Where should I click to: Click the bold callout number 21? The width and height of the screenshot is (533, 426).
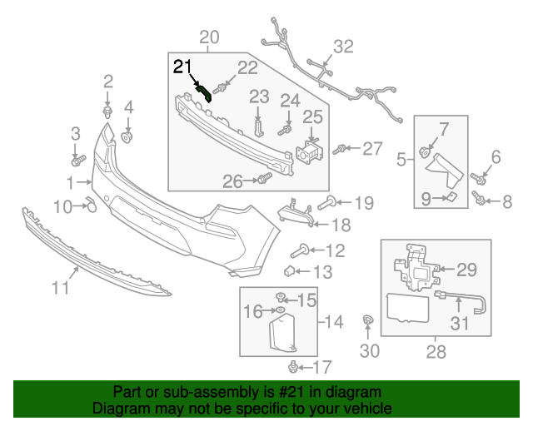[x=182, y=67]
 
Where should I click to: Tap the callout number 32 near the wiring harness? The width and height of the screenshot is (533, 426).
[x=343, y=47]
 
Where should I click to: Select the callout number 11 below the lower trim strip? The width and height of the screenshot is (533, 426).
[x=59, y=289]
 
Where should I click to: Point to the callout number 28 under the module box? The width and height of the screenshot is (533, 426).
[x=436, y=352]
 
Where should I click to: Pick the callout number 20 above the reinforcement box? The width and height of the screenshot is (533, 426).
[x=209, y=37]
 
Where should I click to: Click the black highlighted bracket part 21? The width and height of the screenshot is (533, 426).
[x=204, y=92]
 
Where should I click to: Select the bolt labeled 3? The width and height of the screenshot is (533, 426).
[x=78, y=158]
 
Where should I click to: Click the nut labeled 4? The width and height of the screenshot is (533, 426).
[x=128, y=136]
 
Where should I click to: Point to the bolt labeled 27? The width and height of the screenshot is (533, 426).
[x=340, y=150]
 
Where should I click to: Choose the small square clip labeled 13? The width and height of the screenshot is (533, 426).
[x=289, y=270]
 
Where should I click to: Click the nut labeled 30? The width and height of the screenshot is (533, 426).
[x=367, y=321]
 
